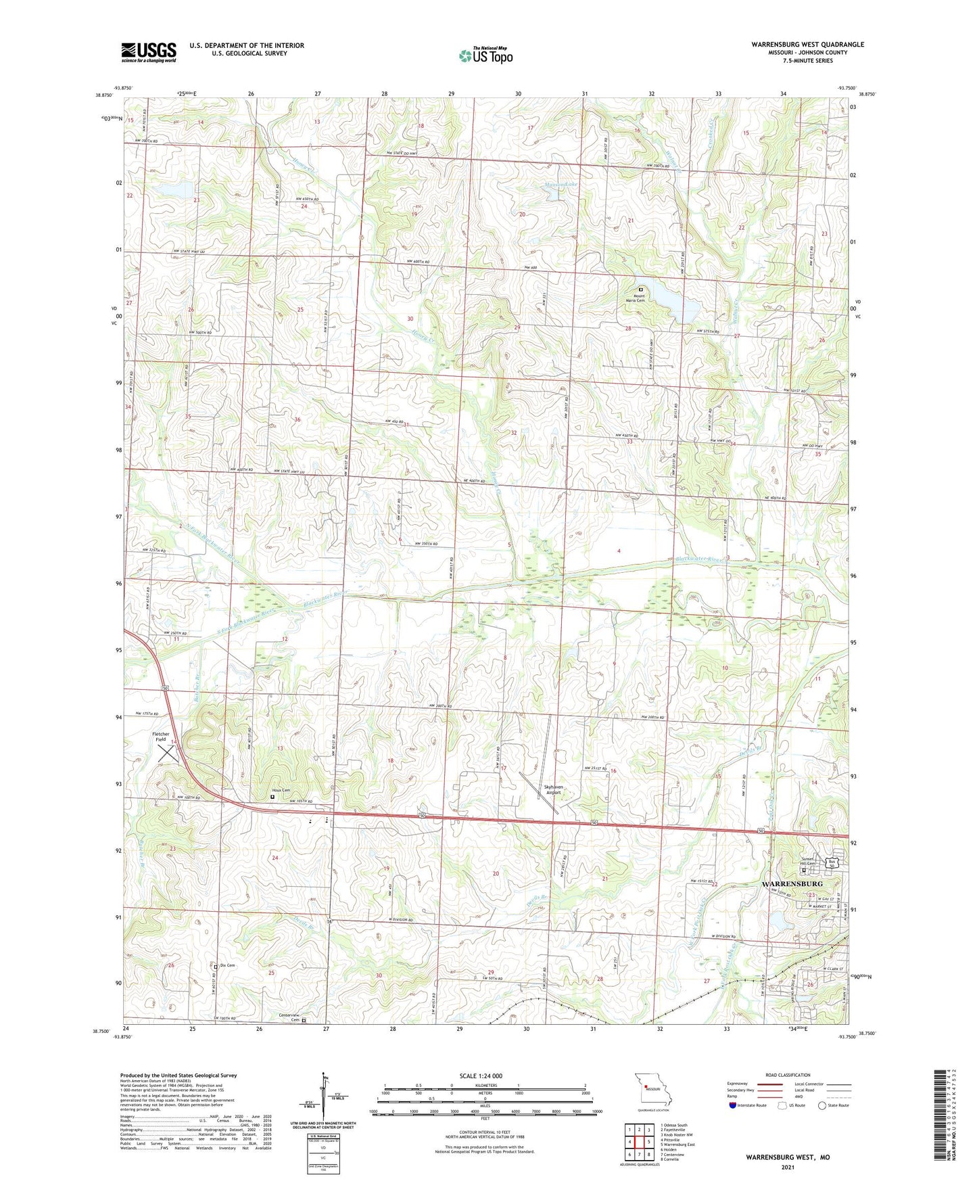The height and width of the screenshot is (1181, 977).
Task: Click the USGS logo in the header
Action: coord(148,51)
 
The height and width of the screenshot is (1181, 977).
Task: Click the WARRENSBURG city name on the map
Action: coord(792,884)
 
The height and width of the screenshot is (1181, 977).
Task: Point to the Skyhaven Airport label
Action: coord(554,789)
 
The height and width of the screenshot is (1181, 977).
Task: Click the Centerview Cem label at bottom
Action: coord(289,1015)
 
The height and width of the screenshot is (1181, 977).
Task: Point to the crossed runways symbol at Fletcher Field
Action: coord(169,753)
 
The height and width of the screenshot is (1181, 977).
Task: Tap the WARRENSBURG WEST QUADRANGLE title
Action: coord(807,45)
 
